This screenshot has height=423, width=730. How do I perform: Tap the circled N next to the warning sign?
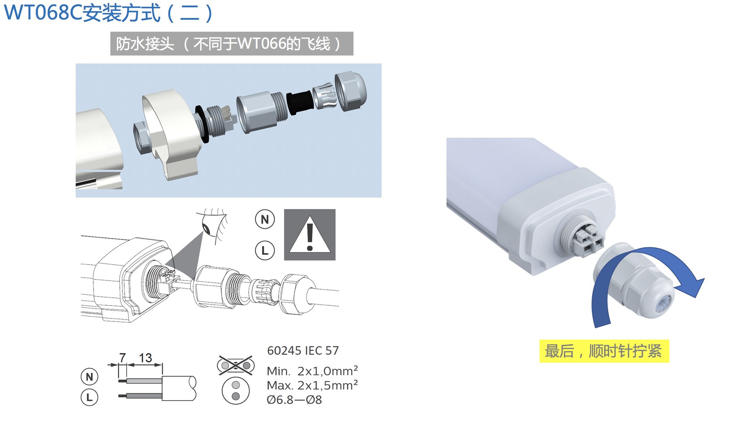pyautogui.click(x=265, y=219)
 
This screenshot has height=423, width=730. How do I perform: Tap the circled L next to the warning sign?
pyautogui.click(x=265, y=250)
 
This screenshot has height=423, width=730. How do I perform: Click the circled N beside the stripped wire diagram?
pyautogui.click(x=89, y=377)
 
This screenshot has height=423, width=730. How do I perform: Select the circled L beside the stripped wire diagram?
pyautogui.click(x=89, y=398)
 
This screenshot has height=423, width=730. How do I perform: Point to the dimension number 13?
pyautogui.click(x=145, y=358)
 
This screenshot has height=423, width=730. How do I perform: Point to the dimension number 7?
pyautogui.click(x=122, y=357)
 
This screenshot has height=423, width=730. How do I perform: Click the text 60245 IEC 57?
pyautogui.click(x=303, y=350)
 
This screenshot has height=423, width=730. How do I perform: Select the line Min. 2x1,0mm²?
pyautogui.click(x=312, y=371)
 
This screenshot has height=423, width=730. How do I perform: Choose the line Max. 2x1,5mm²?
pyautogui.click(x=312, y=385)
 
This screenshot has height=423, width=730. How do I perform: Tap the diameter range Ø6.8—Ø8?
pyautogui.click(x=294, y=400)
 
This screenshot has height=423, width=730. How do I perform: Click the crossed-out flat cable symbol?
pyautogui.click(x=236, y=366)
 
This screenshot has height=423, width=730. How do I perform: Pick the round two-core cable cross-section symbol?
pyautogui.click(x=236, y=391)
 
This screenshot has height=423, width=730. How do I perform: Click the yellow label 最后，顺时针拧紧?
pyautogui.click(x=604, y=351)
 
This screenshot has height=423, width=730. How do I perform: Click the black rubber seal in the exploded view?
pyautogui.click(x=300, y=102)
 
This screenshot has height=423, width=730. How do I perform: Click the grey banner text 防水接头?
pyautogui.click(x=145, y=44)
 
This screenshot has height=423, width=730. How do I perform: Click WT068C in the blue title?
pyautogui.click(x=43, y=13)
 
